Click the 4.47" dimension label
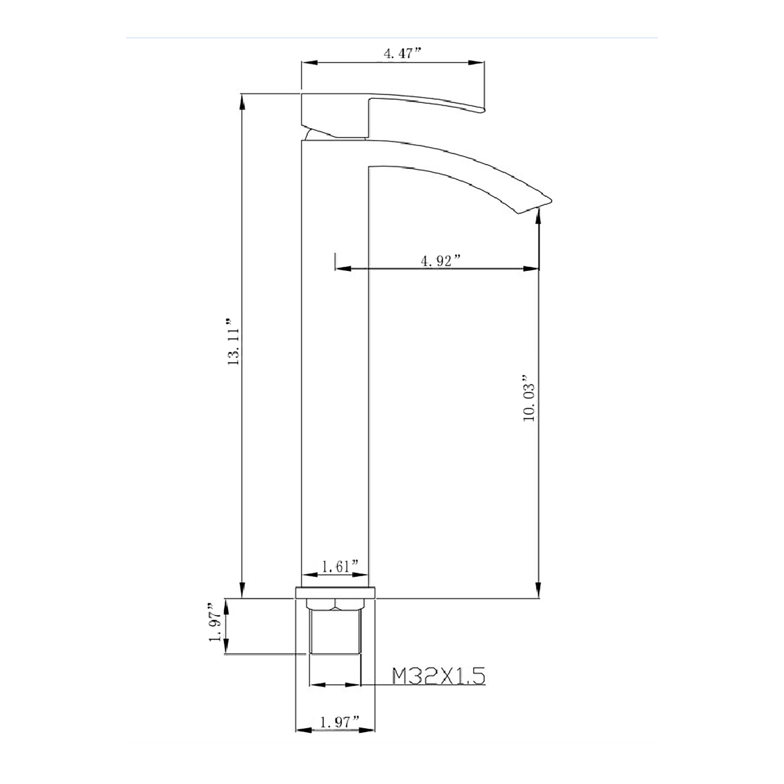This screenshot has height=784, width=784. pos(403,54)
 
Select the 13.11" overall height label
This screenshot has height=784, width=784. pos(234,342)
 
